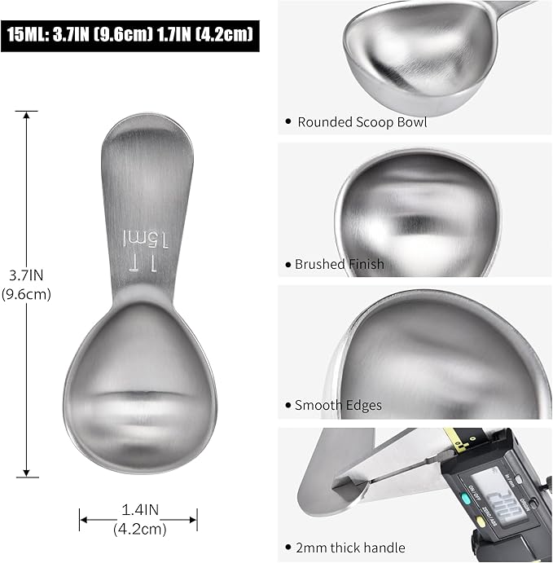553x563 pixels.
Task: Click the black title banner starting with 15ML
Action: pyautogui.click(x=130, y=36)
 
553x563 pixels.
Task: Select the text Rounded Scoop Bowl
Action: pyautogui.click(x=362, y=122)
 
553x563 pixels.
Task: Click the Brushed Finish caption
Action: pyautogui.click(x=339, y=264)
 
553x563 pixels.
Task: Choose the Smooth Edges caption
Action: pyautogui.click(x=338, y=405)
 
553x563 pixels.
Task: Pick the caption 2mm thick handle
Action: pyautogui.click(x=349, y=547)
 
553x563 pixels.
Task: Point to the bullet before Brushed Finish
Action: pyautogui.click(x=287, y=265)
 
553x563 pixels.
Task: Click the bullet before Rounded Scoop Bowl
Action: pyautogui.click(x=287, y=123)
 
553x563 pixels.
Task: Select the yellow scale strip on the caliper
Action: pyautogui.click(x=456, y=440)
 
